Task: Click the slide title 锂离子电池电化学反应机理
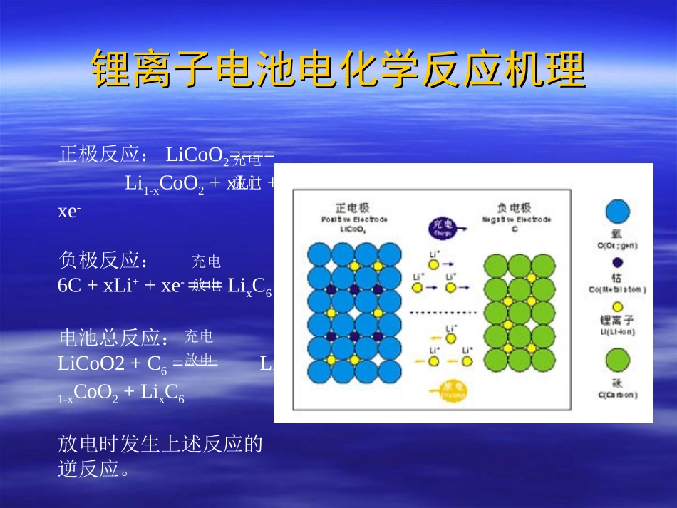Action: point(338,69)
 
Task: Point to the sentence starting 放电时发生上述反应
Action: point(160,445)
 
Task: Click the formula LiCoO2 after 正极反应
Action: point(197,155)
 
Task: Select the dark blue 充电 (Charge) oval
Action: point(440,227)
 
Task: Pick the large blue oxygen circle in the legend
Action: point(617,212)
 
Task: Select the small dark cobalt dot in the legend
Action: point(617,262)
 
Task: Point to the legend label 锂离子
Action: point(617,321)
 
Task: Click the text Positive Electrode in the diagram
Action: point(353,219)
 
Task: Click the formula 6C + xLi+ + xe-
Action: point(121,286)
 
